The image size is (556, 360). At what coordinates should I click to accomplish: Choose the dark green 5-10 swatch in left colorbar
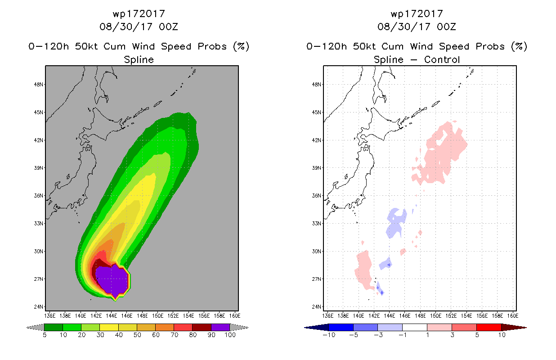[54, 327]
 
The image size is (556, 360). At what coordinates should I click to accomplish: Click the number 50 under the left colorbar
[137, 335]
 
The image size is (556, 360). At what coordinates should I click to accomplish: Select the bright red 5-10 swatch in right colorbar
[488, 327]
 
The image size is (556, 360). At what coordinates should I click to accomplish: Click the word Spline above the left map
[139, 59]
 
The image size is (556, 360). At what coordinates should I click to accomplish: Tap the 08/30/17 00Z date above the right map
[417, 27]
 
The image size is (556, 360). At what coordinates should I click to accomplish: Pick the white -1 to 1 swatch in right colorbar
[414, 327]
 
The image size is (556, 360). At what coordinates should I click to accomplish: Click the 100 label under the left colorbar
[230, 335]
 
